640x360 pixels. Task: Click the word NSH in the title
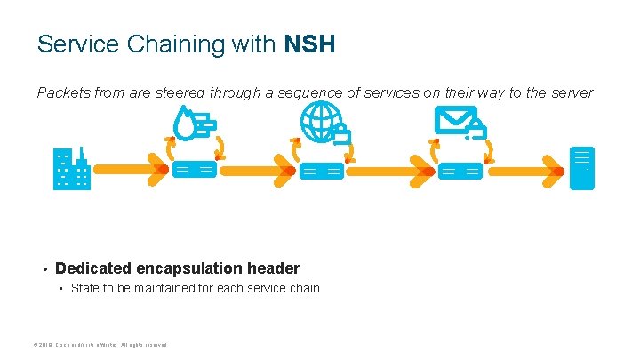(x=309, y=44)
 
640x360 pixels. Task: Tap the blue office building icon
(x=71, y=167)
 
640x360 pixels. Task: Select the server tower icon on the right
(x=581, y=168)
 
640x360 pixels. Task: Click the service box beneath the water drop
(x=194, y=169)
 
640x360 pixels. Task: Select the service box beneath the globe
(x=322, y=170)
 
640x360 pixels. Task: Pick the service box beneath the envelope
(x=460, y=170)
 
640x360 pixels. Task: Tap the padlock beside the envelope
(x=475, y=130)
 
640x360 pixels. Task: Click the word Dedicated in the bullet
(x=93, y=268)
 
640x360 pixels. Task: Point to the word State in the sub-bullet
(x=85, y=288)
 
